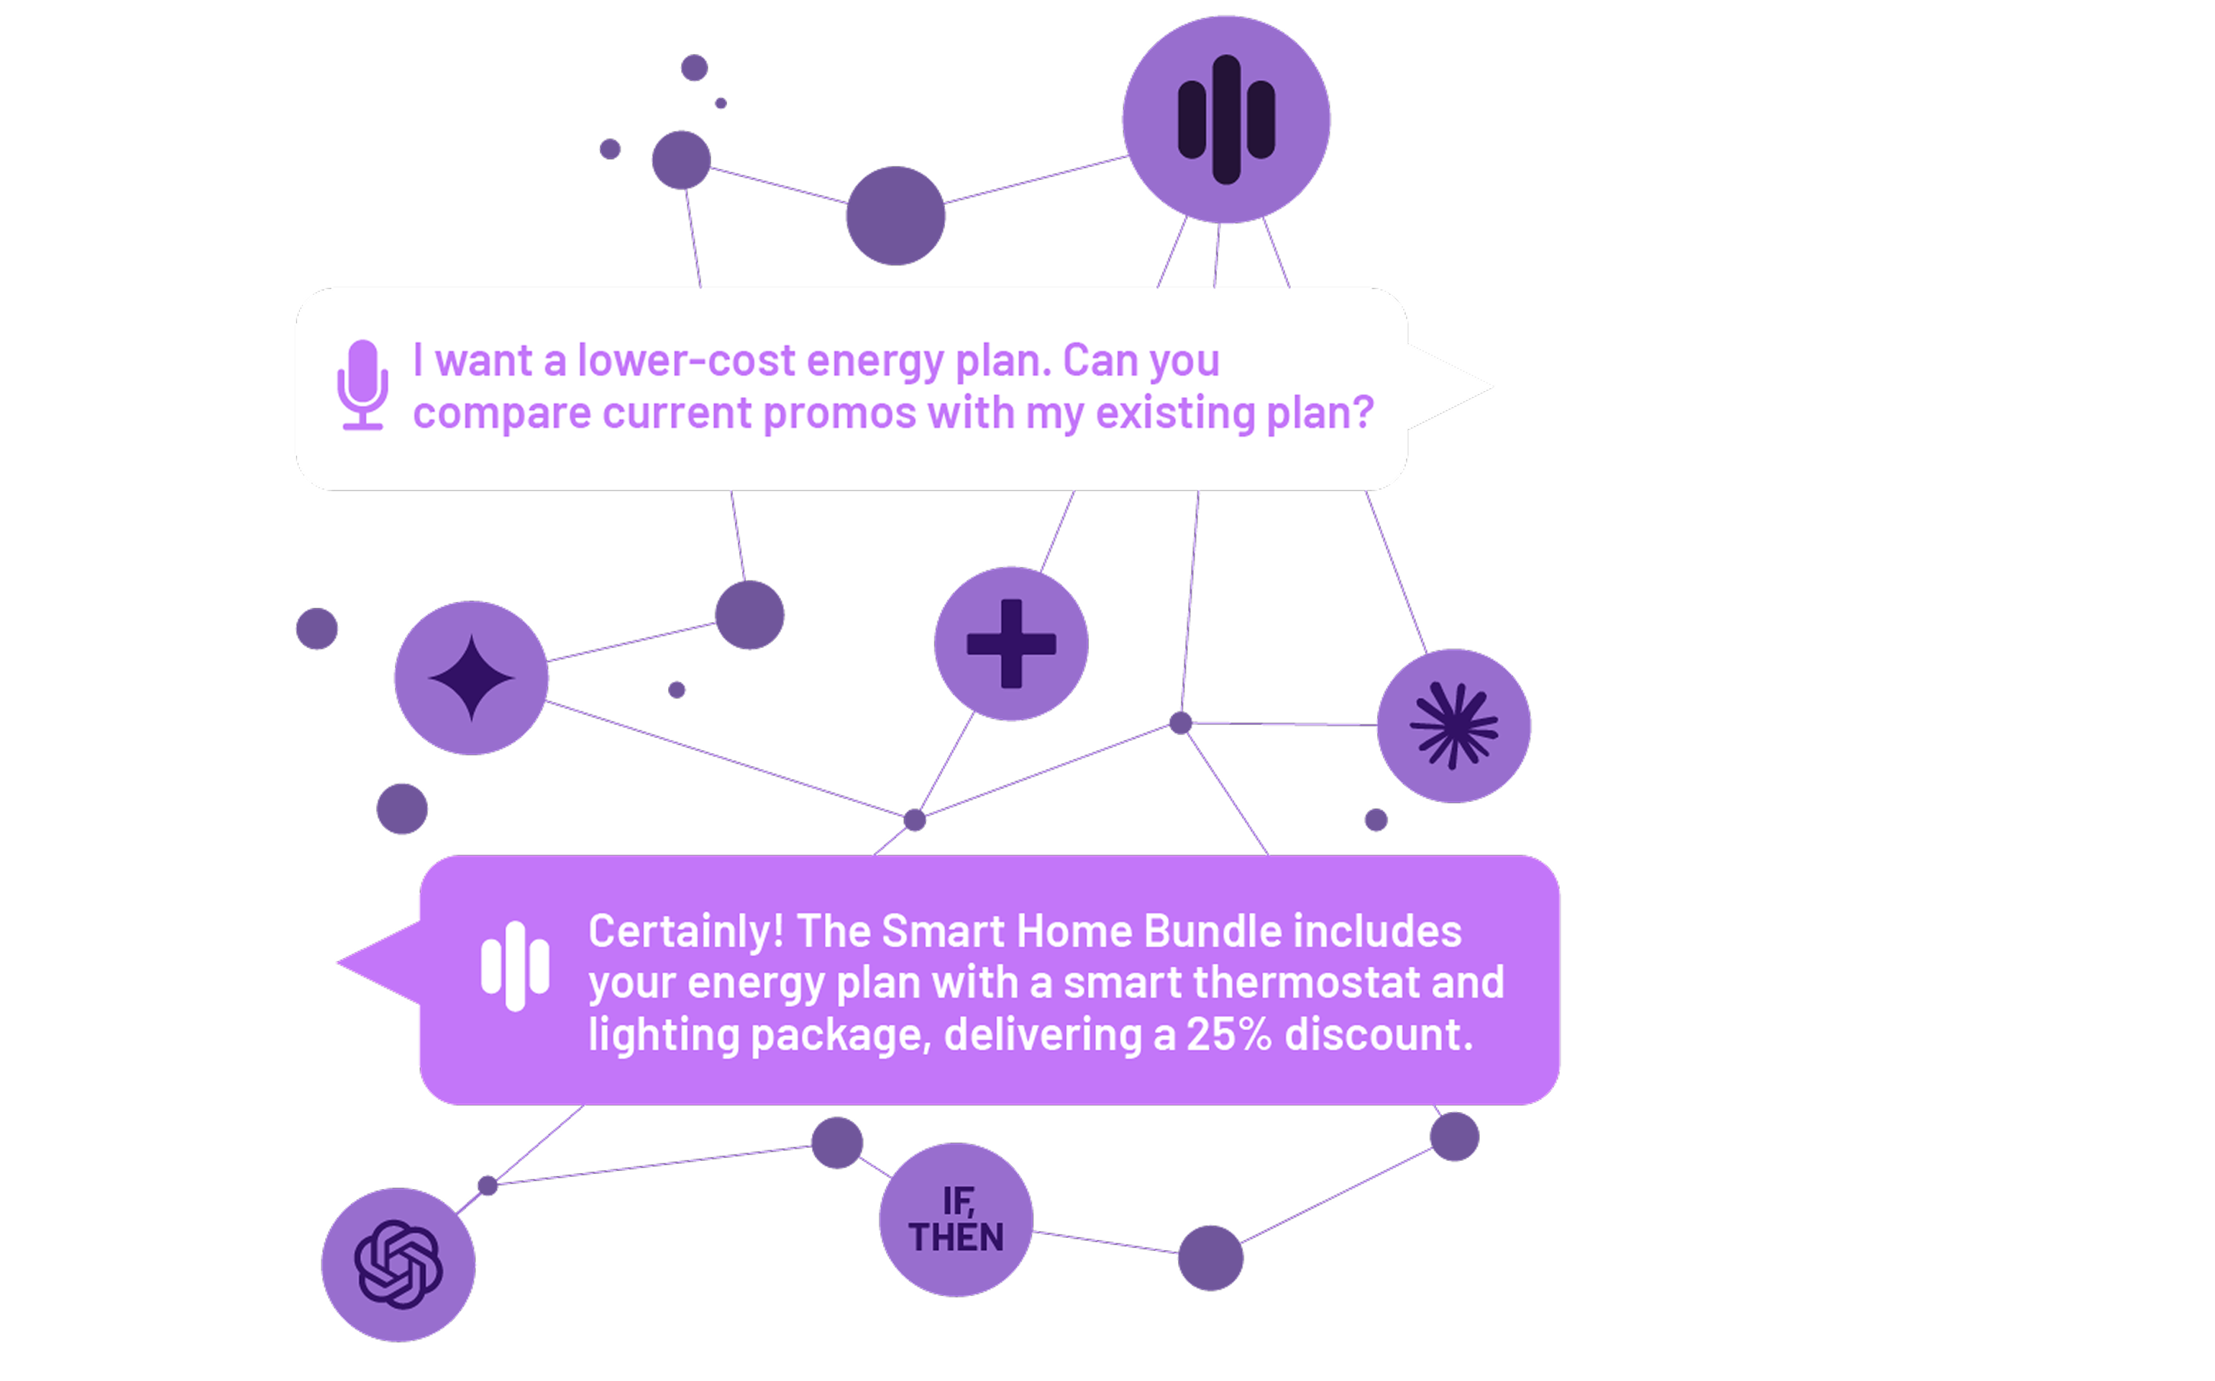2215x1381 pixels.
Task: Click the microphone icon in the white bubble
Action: point(362,385)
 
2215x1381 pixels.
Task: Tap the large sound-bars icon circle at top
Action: point(1225,119)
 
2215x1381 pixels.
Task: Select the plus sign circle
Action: point(1010,643)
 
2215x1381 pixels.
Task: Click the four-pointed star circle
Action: point(471,678)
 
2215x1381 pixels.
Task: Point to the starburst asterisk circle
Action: point(1453,726)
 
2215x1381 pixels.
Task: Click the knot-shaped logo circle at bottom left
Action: point(398,1265)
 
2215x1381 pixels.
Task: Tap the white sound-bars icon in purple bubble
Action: point(515,965)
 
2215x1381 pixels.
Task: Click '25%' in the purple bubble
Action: point(1229,1034)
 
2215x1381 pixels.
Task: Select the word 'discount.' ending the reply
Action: point(1379,1034)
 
